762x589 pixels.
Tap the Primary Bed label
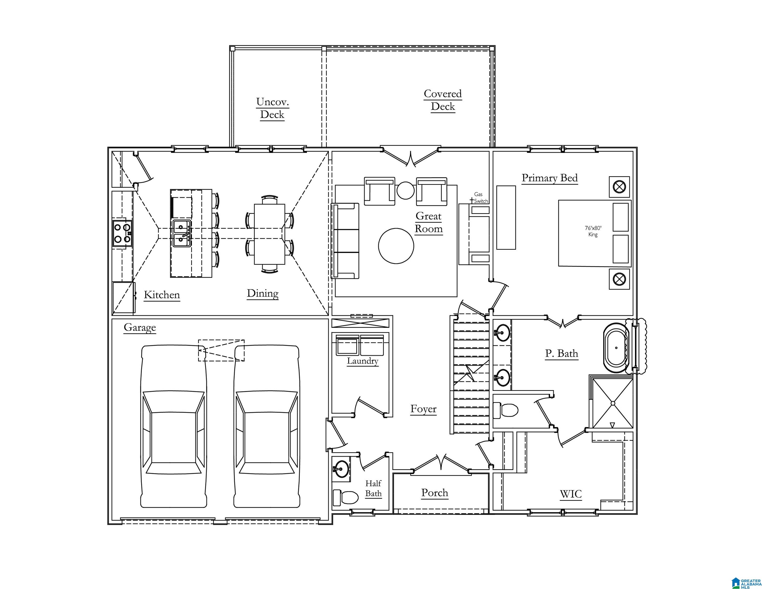550,178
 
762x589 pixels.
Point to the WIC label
571,494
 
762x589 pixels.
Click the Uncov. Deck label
272,108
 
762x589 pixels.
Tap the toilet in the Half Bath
345,497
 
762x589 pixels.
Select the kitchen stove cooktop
122,233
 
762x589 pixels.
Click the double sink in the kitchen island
181,233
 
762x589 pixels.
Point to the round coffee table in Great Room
396,246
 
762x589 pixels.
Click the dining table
269,234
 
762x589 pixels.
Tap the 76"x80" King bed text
593,231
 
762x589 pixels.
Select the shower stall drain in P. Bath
613,403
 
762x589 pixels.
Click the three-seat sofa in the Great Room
345,241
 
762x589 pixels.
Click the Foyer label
423,409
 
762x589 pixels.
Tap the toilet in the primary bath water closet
506,410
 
